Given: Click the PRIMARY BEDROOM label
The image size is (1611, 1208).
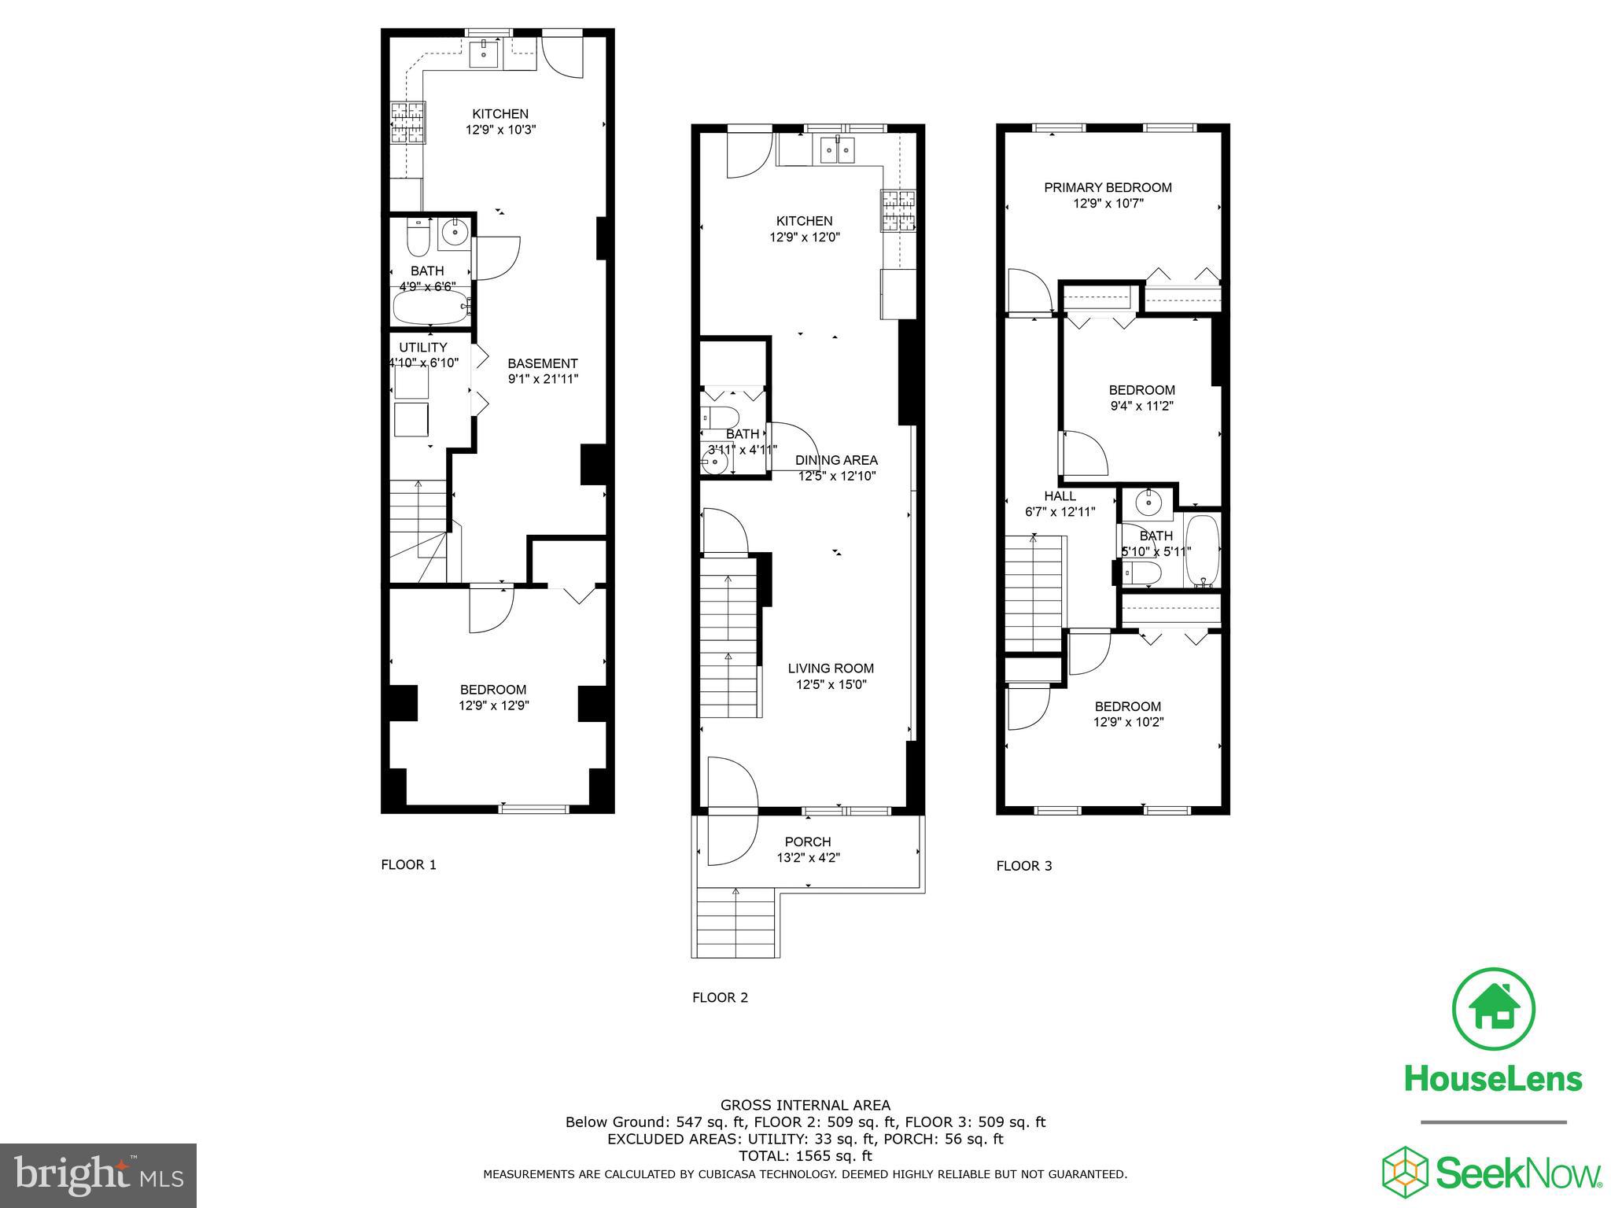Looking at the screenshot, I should [1108, 187].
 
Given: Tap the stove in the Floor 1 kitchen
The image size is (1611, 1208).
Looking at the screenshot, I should [407, 123].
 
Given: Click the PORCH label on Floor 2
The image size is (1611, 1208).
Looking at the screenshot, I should [807, 842].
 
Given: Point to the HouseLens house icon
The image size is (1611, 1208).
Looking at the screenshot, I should [1493, 1009].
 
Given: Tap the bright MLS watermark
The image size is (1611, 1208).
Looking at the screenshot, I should [98, 1176].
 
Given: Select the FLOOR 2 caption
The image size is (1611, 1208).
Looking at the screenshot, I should [720, 997].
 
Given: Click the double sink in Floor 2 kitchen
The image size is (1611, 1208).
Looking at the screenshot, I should [836, 149].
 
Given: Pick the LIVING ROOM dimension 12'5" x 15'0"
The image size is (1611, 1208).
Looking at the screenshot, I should [831, 684].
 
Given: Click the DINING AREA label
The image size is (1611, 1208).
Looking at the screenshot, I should [835, 460].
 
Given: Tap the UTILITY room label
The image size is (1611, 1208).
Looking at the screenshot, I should [422, 347].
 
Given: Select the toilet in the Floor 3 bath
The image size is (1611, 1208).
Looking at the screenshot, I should [1140, 573].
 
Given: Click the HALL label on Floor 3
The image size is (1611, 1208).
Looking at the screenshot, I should [1060, 496].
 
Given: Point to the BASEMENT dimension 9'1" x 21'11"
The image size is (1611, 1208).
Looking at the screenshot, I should [543, 378].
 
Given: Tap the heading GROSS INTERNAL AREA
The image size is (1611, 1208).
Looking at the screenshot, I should [805, 1105].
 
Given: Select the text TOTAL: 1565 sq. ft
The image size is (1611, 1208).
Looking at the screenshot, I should [805, 1156].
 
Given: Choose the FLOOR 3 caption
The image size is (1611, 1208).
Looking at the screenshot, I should [1023, 866].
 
